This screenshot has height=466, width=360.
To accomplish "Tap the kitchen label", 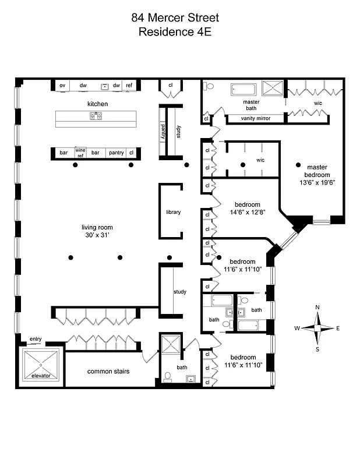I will pos(98,104).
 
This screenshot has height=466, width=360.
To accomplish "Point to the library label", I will pos(173,212).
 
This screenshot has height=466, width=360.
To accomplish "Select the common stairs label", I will pos(108,371).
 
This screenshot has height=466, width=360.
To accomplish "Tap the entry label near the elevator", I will pos(36,339).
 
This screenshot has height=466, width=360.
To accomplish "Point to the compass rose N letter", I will pos(317,307).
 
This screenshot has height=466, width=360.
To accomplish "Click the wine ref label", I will pos(80,152).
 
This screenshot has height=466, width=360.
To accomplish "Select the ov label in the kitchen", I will pos(62,86).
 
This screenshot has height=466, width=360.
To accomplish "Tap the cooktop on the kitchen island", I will pos(96,116).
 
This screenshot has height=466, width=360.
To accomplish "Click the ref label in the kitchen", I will pos(129,86).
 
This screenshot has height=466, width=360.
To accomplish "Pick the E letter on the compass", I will pos(338,328).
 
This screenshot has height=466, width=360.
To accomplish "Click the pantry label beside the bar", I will pos(116,153).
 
